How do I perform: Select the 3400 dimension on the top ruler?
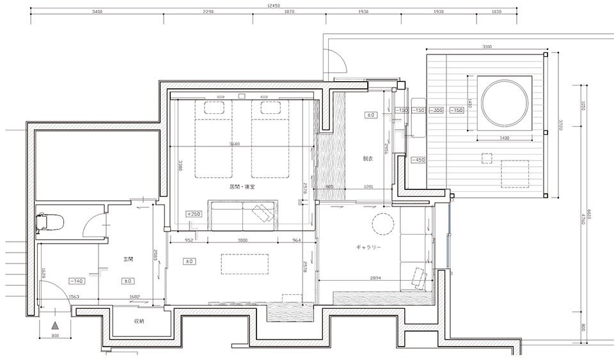tap(98, 12)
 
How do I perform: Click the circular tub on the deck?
tap(505, 103)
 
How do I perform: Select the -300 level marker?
tap(437, 111)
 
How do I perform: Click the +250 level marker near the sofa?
tap(194, 214)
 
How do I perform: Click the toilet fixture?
tap(51, 221)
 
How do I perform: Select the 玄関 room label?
tap(128, 260)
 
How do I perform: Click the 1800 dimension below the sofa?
tap(243, 241)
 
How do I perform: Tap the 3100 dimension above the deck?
tap(487, 47)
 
